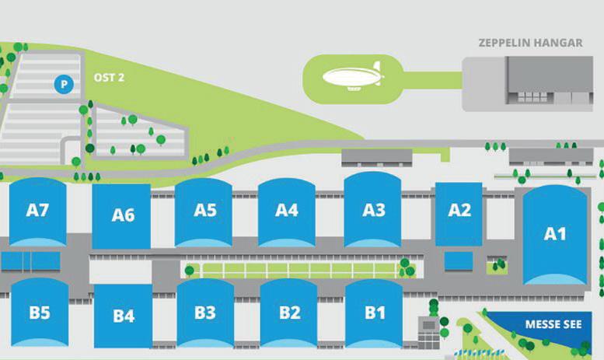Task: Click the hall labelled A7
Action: point(38,210)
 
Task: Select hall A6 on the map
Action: point(122,215)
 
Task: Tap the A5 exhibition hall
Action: point(204,210)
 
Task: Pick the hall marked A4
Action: point(287,210)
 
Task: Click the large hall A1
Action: point(554,233)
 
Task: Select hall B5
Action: point(40,313)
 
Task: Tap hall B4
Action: point(123,316)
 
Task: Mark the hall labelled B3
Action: point(204,313)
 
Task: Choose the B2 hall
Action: point(288,313)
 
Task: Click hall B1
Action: point(374,313)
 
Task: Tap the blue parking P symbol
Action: point(63,83)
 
